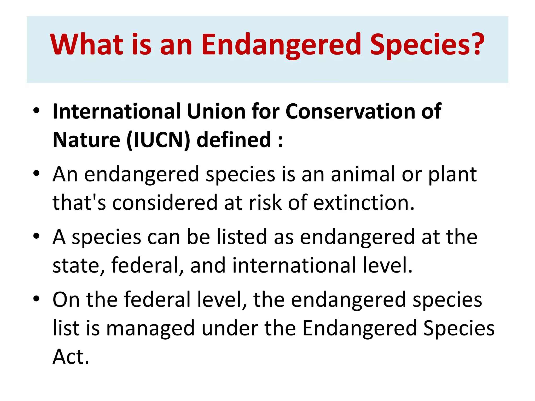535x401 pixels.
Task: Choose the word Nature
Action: pyautogui.click(x=86, y=140)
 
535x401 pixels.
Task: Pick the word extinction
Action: pyautogui.click(x=364, y=203)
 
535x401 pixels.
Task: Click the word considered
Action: pyautogui.click(x=165, y=203)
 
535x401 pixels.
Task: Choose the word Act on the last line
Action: pyautogui.click(x=71, y=357)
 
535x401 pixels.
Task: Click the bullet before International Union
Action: pyautogui.click(x=36, y=110)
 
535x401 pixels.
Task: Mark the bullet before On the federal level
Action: pyautogui.click(x=36, y=298)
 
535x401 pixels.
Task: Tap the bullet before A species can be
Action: pyautogui.click(x=36, y=236)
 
